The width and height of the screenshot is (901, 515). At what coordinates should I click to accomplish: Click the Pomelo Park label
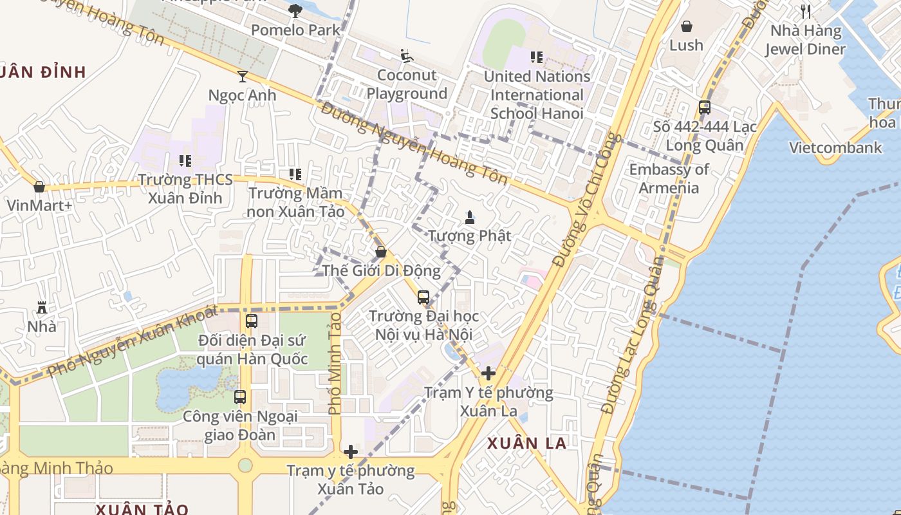pos(295,30)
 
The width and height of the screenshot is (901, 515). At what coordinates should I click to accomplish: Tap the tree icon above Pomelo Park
pos(295,10)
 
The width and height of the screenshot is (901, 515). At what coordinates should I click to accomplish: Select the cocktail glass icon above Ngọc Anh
pos(242,77)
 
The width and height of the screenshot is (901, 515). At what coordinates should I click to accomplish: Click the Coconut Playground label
pos(407,84)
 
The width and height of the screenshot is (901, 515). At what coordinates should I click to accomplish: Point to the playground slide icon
pos(406,57)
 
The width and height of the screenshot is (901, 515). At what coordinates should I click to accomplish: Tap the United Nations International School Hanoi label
pos(537,95)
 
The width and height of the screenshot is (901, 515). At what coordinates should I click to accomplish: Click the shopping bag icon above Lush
pos(687,26)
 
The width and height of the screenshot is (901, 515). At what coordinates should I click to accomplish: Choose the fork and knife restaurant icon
pos(806,11)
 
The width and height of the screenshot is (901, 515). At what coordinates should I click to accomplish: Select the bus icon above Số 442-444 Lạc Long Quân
pos(705,108)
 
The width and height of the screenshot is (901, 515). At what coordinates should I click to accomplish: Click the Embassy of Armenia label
pos(669,178)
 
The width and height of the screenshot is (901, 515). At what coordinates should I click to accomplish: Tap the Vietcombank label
pos(835,147)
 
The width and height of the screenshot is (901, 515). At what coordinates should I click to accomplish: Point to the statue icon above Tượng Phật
pos(470,217)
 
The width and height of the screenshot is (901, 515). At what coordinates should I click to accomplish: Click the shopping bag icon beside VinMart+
pos(39,187)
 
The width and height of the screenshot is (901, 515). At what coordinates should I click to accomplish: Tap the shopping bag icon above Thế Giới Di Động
pos(381,251)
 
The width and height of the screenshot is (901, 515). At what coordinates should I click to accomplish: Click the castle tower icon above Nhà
pos(42,307)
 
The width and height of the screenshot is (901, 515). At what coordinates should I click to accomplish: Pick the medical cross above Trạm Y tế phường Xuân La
pos(488,373)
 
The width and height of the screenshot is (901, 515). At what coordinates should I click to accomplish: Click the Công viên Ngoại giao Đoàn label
pos(240,426)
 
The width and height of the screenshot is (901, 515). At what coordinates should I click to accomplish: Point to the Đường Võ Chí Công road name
pos(586,200)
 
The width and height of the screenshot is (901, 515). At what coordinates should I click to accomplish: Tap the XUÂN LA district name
pos(526,443)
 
